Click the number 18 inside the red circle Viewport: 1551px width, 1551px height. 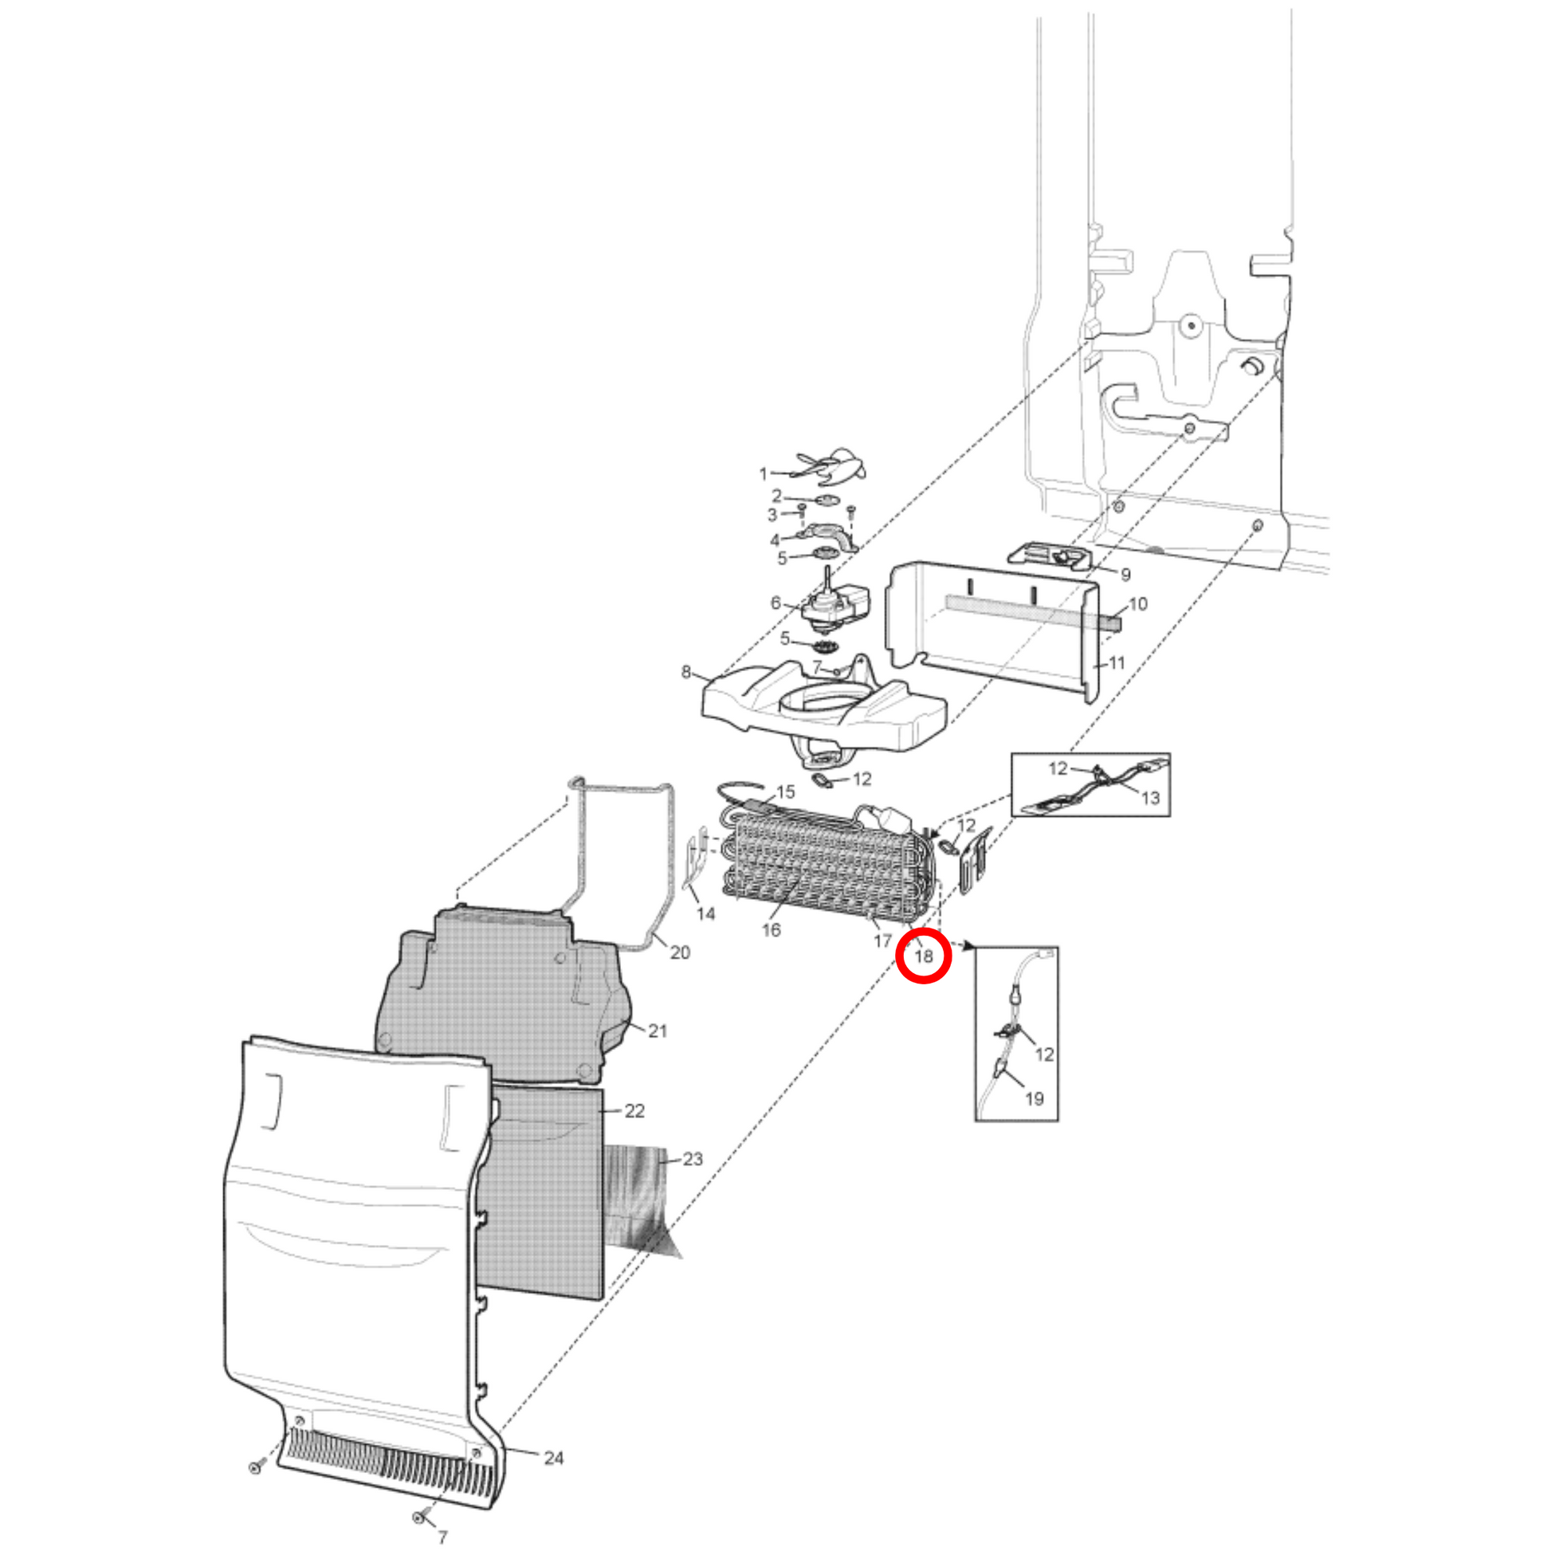tap(923, 956)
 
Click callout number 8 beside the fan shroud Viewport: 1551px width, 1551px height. tap(685, 671)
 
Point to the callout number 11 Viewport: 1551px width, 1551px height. tap(1117, 662)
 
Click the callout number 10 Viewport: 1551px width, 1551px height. tap(1138, 603)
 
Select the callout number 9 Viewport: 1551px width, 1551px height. tap(1125, 574)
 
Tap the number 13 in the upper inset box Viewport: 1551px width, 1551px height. tap(1150, 797)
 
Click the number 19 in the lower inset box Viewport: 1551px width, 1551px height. tap(1035, 1098)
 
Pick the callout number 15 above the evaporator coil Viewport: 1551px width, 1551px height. tap(785, 791)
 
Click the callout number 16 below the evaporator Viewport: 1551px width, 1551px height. tap(772, 929)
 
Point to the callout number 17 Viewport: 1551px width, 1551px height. tap(883, 940)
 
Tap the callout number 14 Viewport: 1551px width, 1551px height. tap(705, 913)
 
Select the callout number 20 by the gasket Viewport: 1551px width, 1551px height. tap(680, 952)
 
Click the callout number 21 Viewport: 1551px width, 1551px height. tap(658, 1031)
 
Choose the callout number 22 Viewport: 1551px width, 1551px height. tap(634, 1110)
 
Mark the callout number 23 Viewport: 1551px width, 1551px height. tap(693, 1158)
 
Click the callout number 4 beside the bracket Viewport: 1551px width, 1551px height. tap(775, 540)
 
